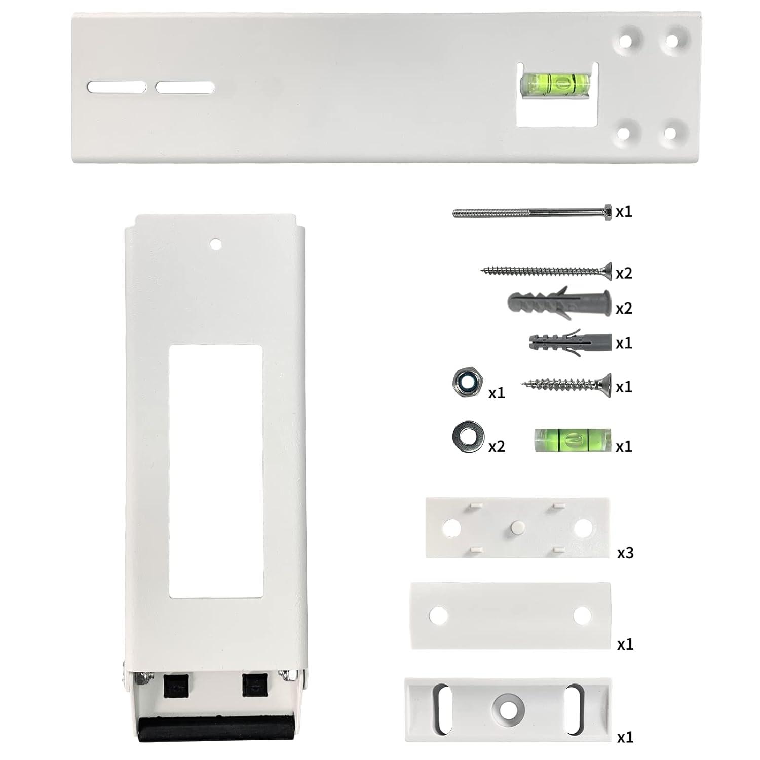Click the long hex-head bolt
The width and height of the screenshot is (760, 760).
point(532,212)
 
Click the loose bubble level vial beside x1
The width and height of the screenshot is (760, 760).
point(573,440)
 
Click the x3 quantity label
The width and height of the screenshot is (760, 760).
point(625,552)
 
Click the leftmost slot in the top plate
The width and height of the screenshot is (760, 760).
point(117,87)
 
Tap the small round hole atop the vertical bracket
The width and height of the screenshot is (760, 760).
point(216,244)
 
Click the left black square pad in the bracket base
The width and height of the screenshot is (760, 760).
point(173,685)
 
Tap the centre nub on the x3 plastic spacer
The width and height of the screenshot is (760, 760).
point(517,526)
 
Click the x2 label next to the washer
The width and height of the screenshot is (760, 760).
point(497,446)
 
